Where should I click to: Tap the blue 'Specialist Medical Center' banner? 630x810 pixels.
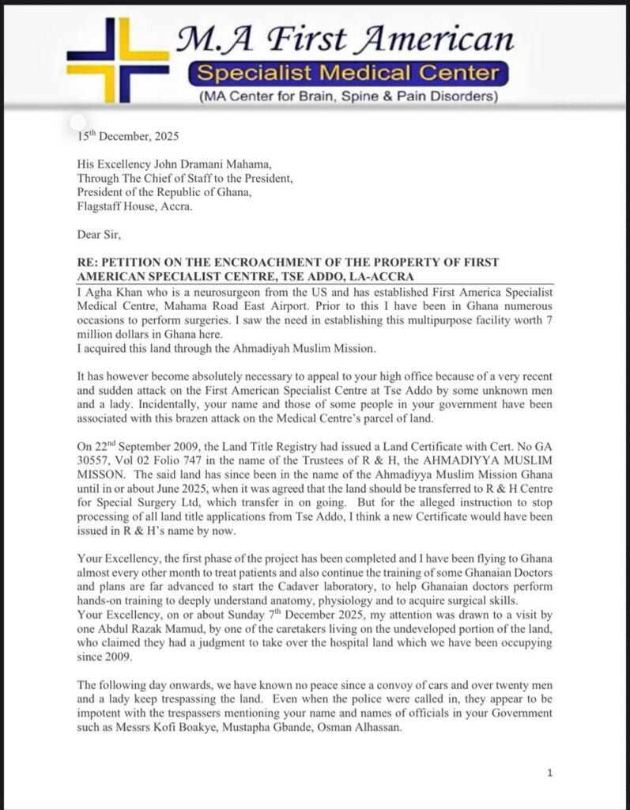click(348, 76)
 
